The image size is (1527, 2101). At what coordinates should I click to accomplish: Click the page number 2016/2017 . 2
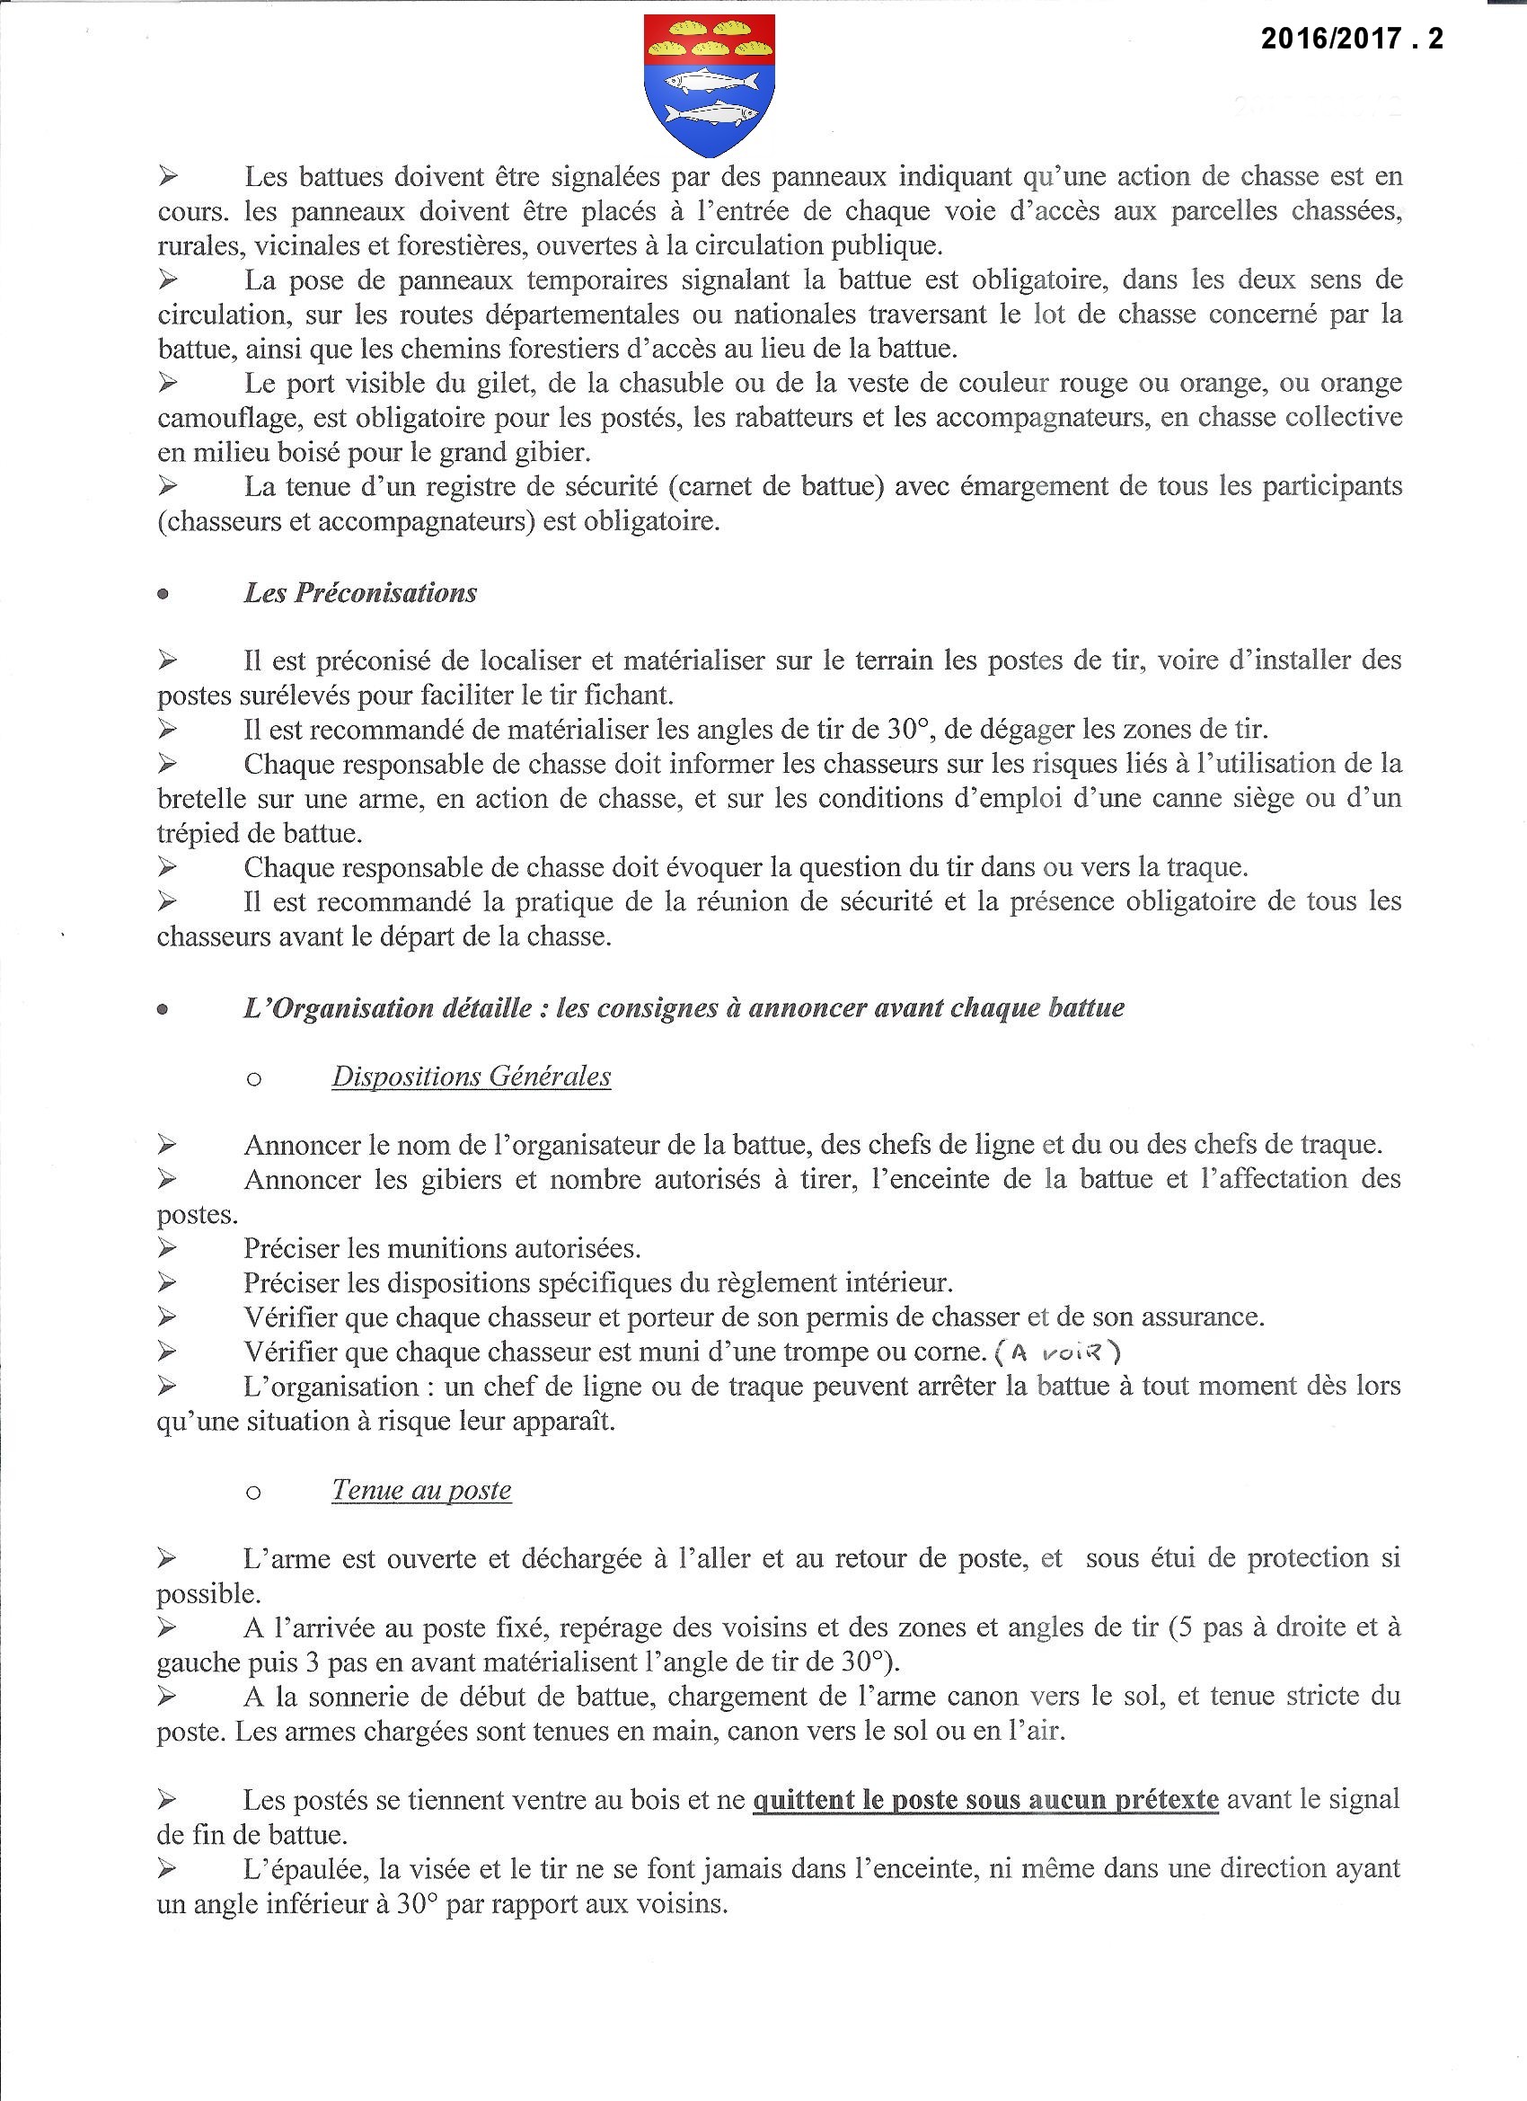pyautogui.click(x=1351, y=38)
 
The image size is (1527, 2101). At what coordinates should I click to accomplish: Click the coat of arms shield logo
pyautogui.click(x=710, y=86)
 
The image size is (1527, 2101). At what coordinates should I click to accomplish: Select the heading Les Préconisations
pyautogui.click(x=360, y=593)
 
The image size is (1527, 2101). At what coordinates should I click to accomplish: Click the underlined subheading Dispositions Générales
pyautogui.click(x=472, y=1077)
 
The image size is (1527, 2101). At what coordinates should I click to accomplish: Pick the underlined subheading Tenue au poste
pyautogui.click(x=421, y=1490)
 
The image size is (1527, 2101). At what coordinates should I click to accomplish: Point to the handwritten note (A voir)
pyautogui.click(x=1057, y=1352)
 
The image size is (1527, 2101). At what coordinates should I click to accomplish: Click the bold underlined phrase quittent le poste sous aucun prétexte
pyautogui.click(x=985, y=1800)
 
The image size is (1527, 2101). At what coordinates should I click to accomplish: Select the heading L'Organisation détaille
pyautogui.click(x=684, y=1008)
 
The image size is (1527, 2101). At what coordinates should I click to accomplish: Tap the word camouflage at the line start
pyautogui.click(x=229, y=418)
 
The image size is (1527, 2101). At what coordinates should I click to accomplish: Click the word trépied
pyautogui.click(x=200, y=833)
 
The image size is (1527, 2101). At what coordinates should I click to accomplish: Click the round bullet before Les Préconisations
pyautogui.click(x=163, y=595)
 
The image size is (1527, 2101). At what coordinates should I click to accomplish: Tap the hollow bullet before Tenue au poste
pyautogui.click(x=253, y=1493)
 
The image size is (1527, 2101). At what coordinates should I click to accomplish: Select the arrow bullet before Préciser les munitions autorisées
pyautogui.click(x=167, y=1249)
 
